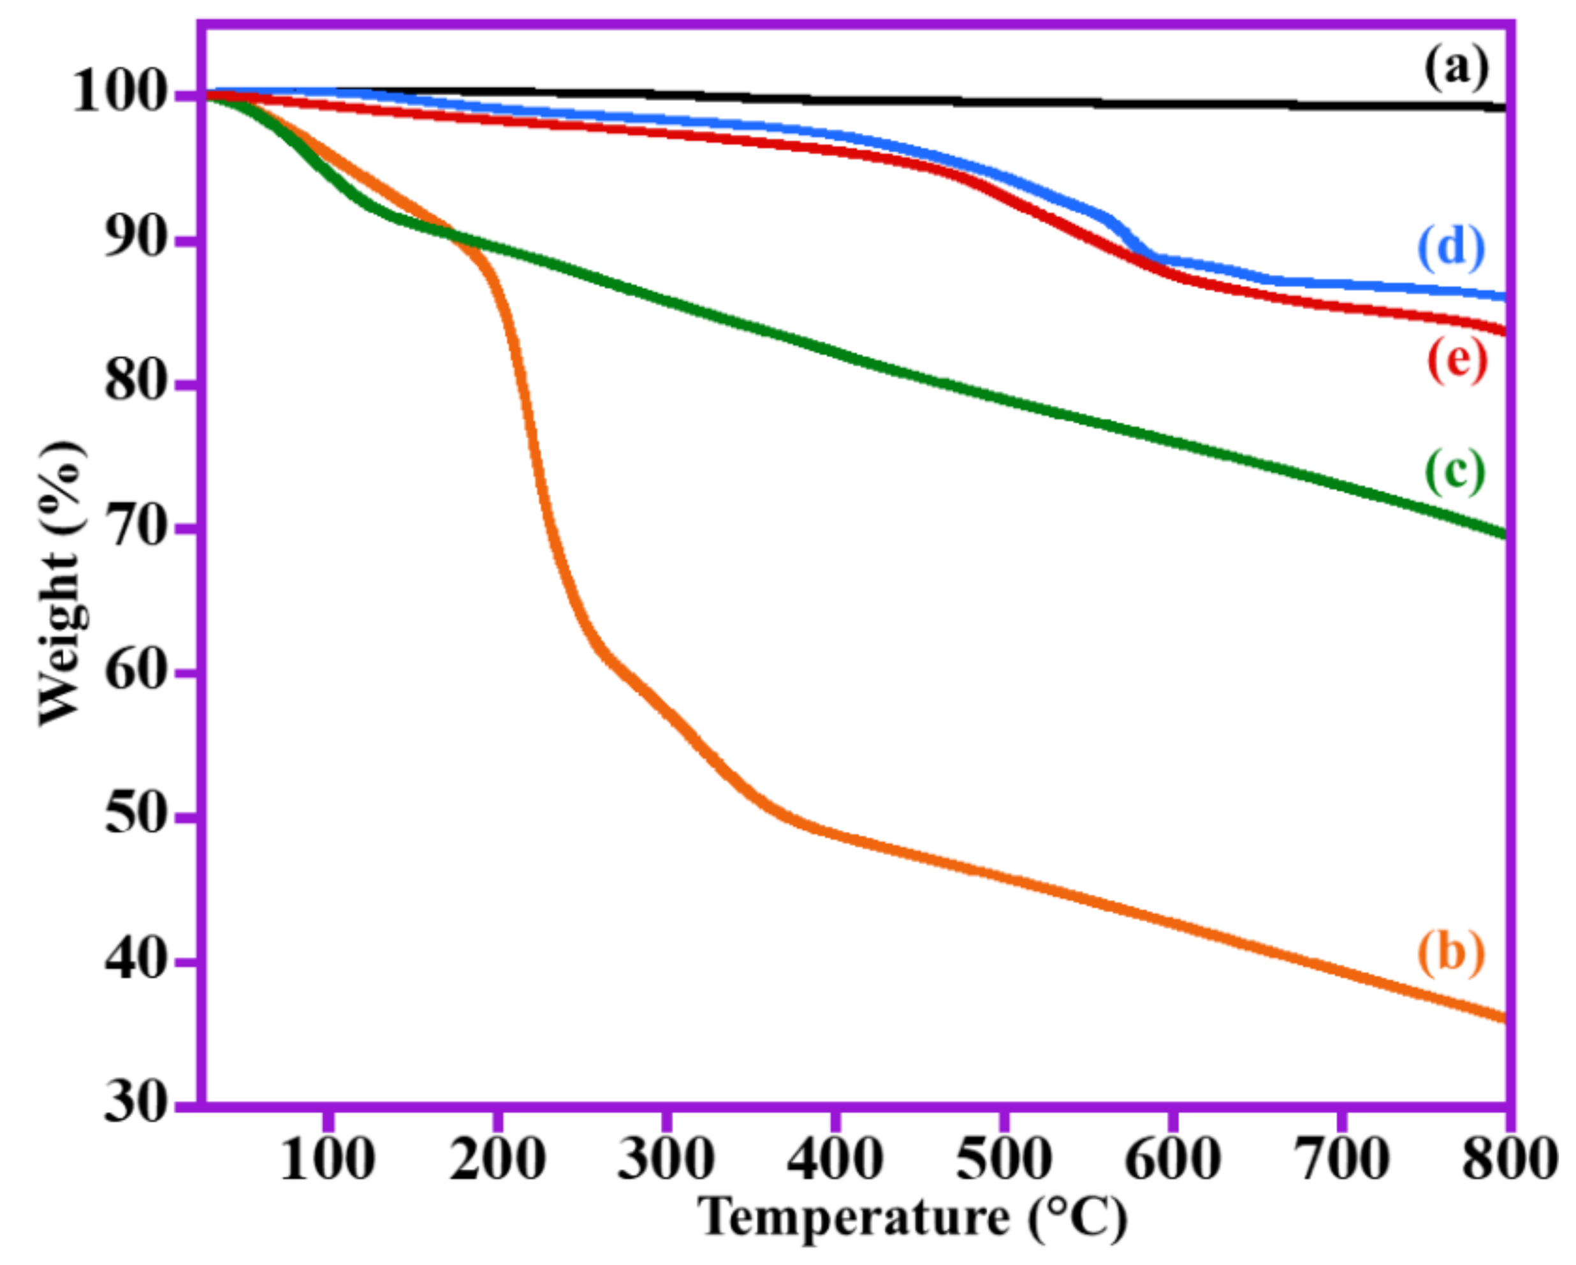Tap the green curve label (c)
tap(1455, 472)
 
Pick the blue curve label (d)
tap(1452, 248)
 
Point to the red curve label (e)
tap(1457, 360)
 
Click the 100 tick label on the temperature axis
tap(328, 1160)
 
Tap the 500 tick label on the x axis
tap(1003, 1160)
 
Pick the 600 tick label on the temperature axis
tap(1172, 1160)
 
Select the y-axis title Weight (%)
tap(61, 585)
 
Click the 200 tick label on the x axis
tap(497, 1160)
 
